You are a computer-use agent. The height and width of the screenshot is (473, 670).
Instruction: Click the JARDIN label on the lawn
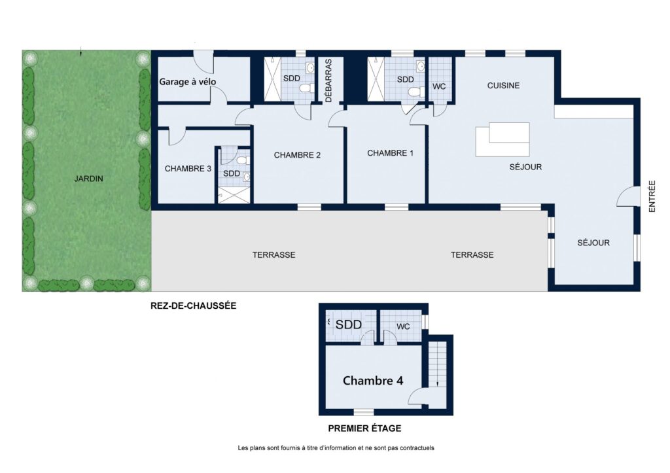click(x=89, y=179)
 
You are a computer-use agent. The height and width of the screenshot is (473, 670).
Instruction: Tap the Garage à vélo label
click(x=188, y=82)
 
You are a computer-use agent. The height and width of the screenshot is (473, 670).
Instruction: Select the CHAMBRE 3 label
click(x=188, y=169)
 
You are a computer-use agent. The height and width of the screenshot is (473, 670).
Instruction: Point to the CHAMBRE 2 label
click(x=297, y=155)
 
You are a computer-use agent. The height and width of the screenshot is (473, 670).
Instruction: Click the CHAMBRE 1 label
click(x=390, y=153)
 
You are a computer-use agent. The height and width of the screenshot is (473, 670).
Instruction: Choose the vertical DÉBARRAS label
click(x=328, y=80)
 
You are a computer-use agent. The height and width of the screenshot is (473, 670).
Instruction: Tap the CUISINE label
click(x=503, y=86)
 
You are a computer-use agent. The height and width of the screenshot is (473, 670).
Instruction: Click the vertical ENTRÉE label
click(x=652, y=196)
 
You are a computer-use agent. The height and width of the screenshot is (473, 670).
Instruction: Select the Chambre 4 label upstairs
click(x=373, y=381)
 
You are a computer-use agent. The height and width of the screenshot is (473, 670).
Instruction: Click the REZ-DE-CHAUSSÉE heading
click(x=193, y=306)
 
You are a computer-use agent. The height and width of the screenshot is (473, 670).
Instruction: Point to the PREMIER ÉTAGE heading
click(x=364, y=428)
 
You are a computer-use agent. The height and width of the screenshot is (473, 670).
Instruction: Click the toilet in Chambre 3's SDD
click(x=243, y=161)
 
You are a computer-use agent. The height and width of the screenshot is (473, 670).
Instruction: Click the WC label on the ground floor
click(x=439, y=86)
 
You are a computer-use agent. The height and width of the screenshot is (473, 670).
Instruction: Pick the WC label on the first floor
click(x=403, y=327)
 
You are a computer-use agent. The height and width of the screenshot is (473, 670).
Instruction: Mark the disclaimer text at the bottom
click(x=336, y=448)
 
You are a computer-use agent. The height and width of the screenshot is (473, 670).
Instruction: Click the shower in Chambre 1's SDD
click(x=376, y=79)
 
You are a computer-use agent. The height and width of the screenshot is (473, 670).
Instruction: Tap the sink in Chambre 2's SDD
click(x=310, y=67)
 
